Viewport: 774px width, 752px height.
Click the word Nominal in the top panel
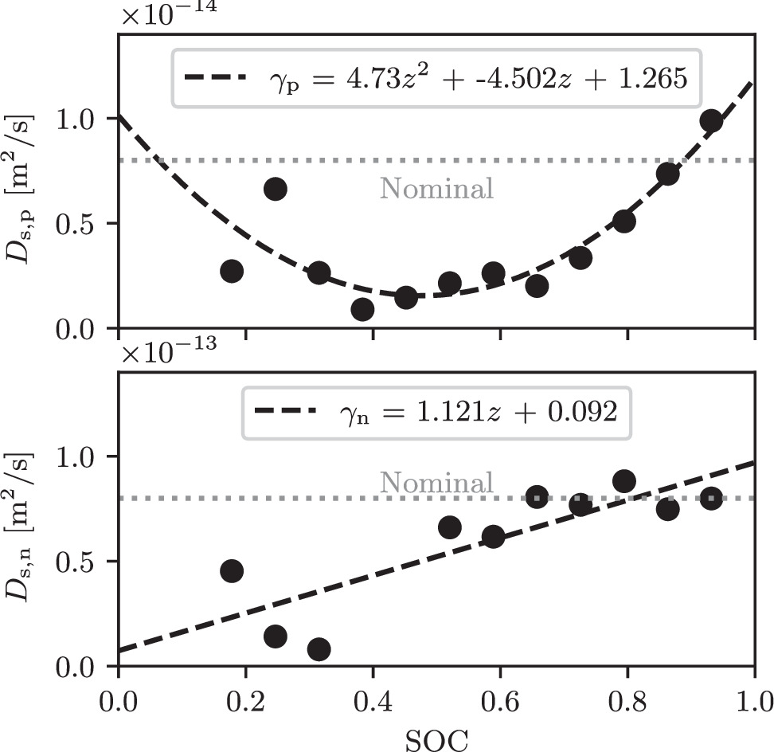436,188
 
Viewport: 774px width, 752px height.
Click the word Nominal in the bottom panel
436,483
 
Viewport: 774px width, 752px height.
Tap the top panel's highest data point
711,121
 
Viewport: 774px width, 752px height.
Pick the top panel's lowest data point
362,310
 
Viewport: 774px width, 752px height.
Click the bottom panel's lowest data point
319,649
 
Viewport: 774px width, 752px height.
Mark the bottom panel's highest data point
624,481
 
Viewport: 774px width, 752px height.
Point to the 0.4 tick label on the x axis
373,703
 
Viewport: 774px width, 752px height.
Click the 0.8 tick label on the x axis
627,703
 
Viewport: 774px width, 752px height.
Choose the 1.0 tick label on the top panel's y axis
80,119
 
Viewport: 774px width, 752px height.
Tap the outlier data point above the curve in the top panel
276,189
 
